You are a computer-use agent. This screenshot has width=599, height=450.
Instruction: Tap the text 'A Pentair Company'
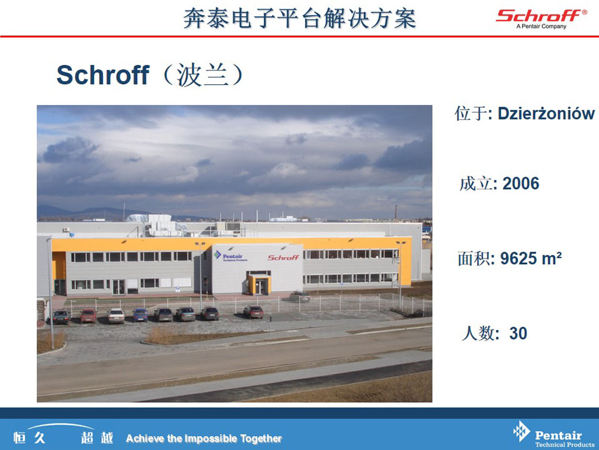coord(541,27)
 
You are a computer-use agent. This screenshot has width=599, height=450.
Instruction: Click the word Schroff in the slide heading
coord(103,74)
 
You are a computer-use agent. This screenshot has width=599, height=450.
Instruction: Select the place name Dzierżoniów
coord(546,114)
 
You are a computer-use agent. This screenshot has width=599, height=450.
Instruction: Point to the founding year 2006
coord(521,183)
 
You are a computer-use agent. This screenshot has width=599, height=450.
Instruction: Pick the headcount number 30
coord(518,333)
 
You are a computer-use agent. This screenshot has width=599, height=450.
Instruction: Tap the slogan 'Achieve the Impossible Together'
coord(204,438)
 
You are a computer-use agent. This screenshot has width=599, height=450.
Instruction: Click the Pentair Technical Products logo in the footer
coord(553,434)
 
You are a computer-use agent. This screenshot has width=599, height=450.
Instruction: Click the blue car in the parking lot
coord(141,315)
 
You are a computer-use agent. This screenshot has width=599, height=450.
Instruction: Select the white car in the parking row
coord(116,316)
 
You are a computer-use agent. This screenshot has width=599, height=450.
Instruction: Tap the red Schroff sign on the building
coord(283,258)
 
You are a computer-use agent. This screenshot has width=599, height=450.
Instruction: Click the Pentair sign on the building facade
coord(230,256)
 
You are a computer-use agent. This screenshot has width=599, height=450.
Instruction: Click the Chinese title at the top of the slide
coord(299,18)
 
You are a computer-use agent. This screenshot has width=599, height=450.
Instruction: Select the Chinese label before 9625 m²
coord(473,258)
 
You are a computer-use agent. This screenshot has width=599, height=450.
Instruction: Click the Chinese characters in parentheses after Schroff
coord(203,75)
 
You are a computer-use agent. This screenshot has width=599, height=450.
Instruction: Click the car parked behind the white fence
coord(299,296)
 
